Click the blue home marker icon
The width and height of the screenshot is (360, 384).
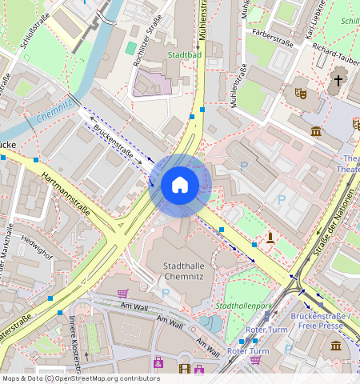point(180,185)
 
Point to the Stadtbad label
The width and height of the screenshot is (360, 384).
point(186,55)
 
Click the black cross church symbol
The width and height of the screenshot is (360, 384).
point(338,79)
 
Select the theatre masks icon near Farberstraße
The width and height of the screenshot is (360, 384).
point(302,93)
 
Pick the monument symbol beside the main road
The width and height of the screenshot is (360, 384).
point(271,238)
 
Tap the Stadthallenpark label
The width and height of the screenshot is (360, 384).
point(243,306)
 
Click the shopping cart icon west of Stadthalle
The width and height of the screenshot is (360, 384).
point(122,294)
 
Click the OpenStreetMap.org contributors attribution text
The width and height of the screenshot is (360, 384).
point(107,378)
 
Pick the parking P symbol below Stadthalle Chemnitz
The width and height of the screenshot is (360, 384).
point(166,293)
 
